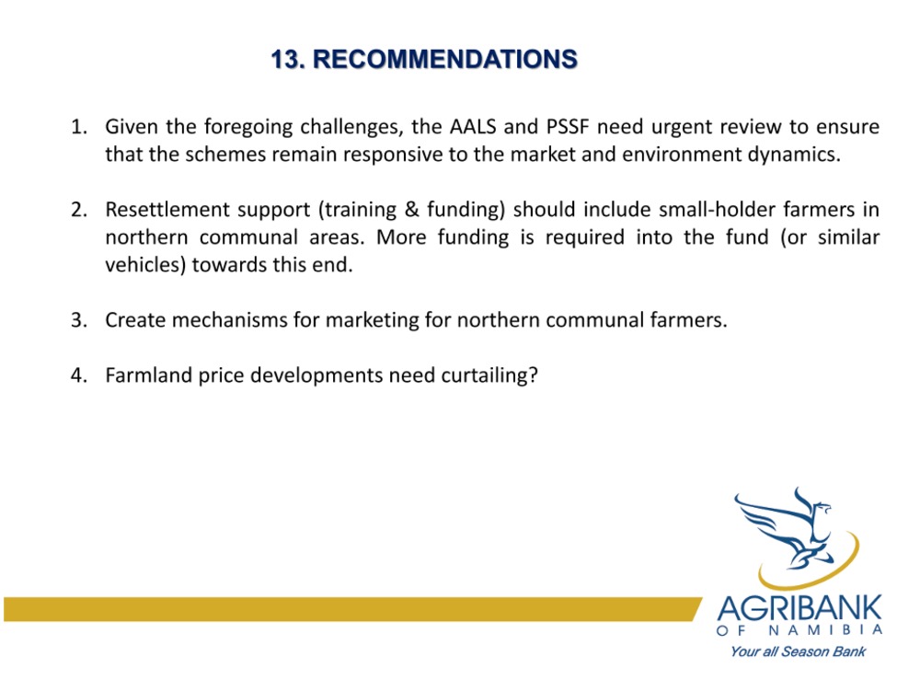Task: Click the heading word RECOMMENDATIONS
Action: coord(445,59)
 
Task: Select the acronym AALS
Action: coord(473,127)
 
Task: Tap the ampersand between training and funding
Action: coord(411,210)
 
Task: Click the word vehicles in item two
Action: coord(145,265)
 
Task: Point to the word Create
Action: coord(135,320)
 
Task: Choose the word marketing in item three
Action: coord(372,321)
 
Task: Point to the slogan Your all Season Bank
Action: coord(798,651)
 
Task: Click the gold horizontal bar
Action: coord(352,609)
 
